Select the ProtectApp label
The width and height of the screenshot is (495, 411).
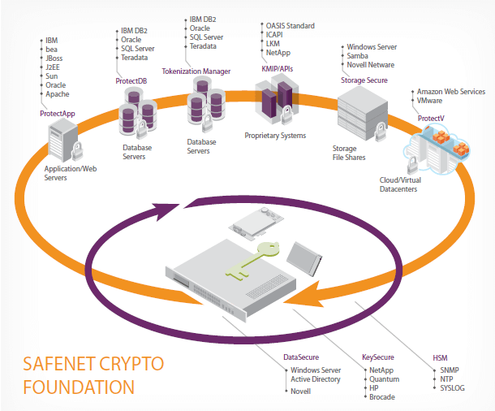[x=58, y=114]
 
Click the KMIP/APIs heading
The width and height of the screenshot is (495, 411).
[x=276, y=71]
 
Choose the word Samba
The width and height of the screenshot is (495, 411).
[x=358, y=56]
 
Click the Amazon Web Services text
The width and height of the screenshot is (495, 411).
[x=450, y=92]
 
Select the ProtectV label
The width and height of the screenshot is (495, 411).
[x=430, y=118]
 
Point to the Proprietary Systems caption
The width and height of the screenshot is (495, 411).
[x=275, y=136]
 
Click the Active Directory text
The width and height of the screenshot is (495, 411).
[x=315, y=378]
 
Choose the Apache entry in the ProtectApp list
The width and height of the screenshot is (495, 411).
[x=58, y=94]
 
